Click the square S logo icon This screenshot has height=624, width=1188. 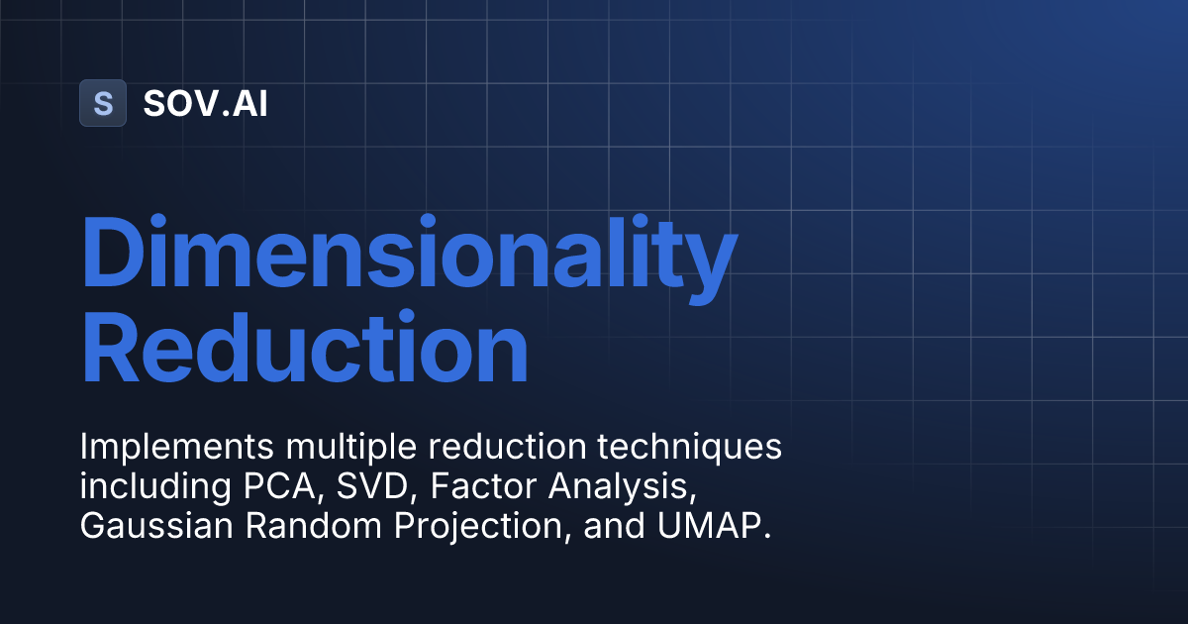pyautogui.click(x=102, y=103)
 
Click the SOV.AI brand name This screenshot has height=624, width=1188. pyautogui.click(x=205, y=103)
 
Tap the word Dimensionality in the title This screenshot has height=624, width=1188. pyautogui.click(x=408, y=257)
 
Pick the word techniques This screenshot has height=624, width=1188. pyautogui.click(x=689, y=447)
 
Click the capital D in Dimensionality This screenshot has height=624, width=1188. pyautogui.click(x=113, y=257)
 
